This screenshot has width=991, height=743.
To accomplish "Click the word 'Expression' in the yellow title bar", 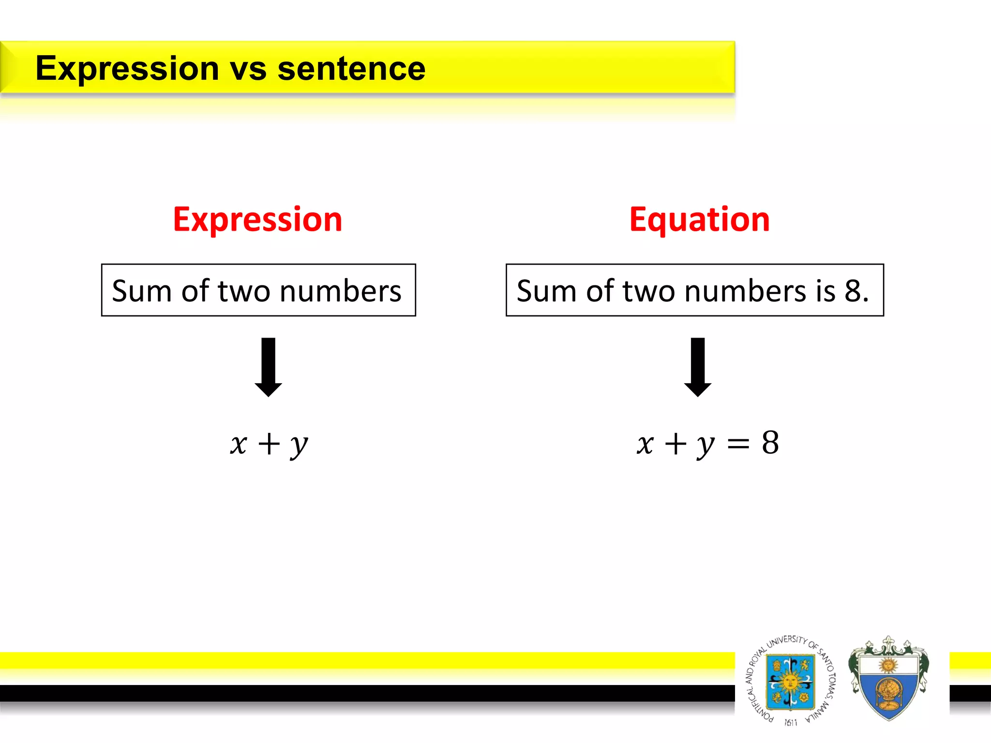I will click(x=127, y=68).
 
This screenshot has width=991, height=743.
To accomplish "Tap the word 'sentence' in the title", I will click(x=351, y=68).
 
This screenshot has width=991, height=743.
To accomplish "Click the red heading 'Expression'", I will click(x=257, y=220).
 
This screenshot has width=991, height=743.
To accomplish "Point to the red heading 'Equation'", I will click(x=699, y=220).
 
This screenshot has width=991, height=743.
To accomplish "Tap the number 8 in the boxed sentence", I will click(x=854, y=291).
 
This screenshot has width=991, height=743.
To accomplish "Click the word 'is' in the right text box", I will click(x=826, y=291).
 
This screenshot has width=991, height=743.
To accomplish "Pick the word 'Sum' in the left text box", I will click(x=142, y=291).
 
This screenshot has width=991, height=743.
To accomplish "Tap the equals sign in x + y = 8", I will click(x=738, y=443).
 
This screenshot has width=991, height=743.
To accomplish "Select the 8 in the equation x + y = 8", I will click(x=770, y=442).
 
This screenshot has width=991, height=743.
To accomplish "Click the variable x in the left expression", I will click(x=239, y=444).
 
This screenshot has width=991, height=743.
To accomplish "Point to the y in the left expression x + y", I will click(x=299, y=445).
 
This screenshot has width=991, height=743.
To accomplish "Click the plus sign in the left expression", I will click(x=269, y=444).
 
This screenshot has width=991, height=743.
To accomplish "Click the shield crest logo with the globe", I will click(x=888, y=680).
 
